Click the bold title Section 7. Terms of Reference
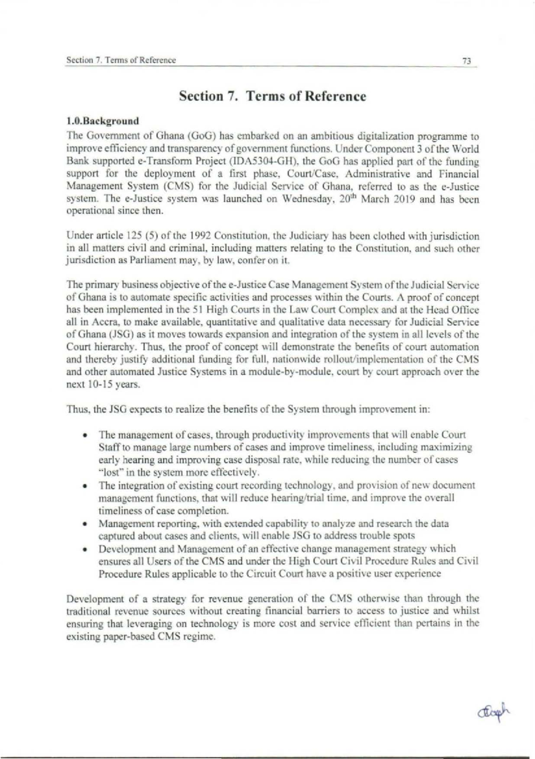click(x=272, y=96)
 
